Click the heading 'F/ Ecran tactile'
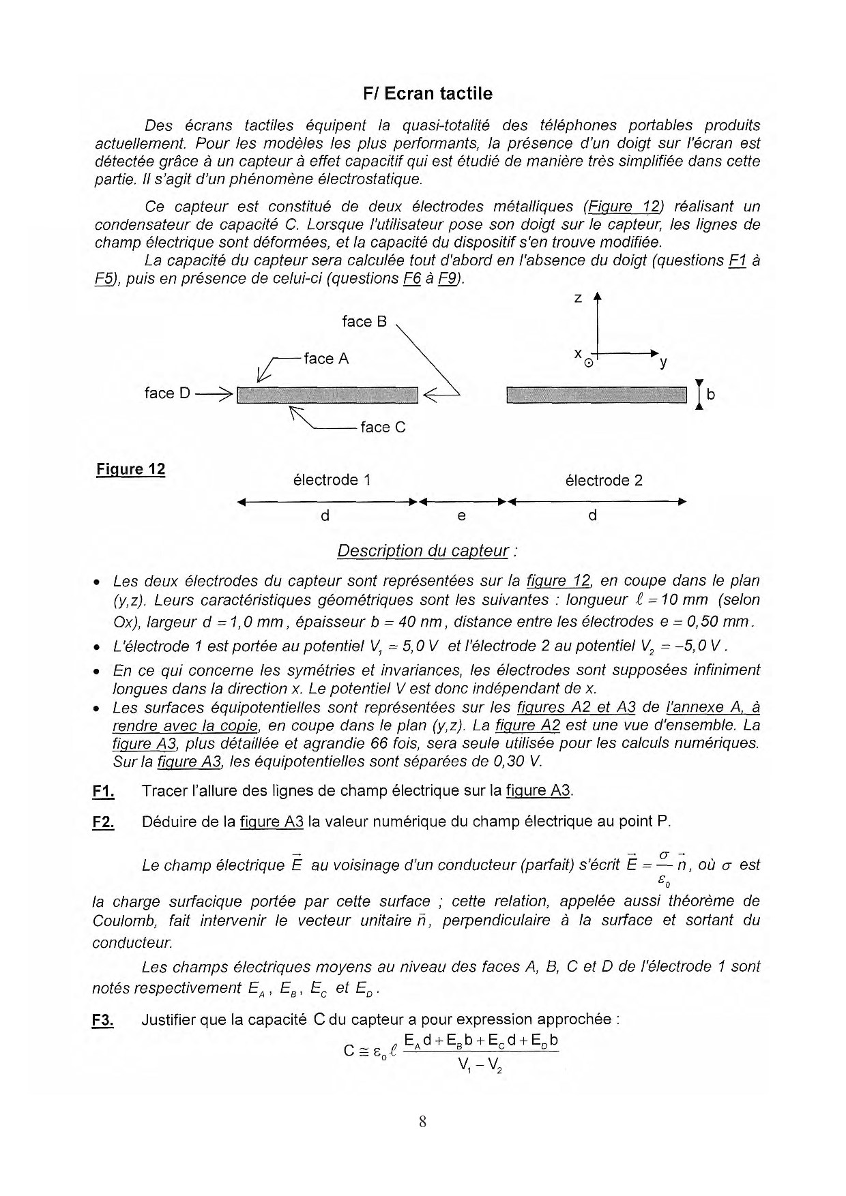(x=428, y=93)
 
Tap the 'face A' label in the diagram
(x=326, y=359)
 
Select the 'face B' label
(x=364, y=321)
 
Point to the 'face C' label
(x=383, y=427)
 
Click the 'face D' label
(x=167, y=393)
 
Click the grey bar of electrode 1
(x=327, y=395)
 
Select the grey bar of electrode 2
(x=597, y=395)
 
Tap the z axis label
(x=578, y=299)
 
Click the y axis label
(x=663, y=363)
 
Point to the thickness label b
(x=711, y=394)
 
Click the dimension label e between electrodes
(x=462, y=516)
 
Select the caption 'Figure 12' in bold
(x=131, y=469)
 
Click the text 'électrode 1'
(x=332, y=480)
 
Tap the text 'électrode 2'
(x=604, y=480)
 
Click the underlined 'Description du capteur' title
(x=423, y=551)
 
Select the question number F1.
(x=103, y=791)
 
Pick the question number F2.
(x=103, y=822)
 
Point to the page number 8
(x=423, y=1122)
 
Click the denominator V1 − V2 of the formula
(x=481, y=1064)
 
